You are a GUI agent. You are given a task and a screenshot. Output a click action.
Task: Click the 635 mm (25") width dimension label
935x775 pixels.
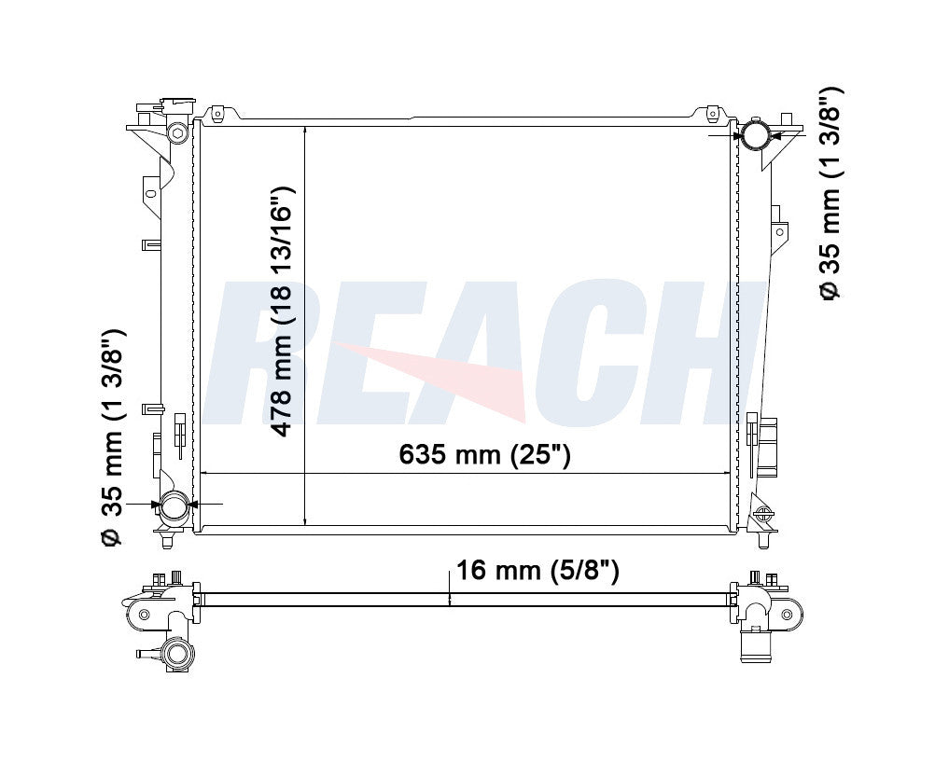[484, 455]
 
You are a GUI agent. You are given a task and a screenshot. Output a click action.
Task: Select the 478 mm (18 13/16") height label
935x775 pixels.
[282, 311]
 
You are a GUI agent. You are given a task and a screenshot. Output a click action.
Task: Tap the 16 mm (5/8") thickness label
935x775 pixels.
[537, 571]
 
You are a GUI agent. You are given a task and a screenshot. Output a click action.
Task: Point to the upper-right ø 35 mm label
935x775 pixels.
[830, 193]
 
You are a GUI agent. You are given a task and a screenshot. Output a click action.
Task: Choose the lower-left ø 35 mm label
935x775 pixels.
[113, 436]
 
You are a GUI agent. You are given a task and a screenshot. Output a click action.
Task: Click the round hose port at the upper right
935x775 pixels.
[754, 135]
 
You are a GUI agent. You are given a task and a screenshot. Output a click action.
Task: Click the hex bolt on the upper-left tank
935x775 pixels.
[176, 132]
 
